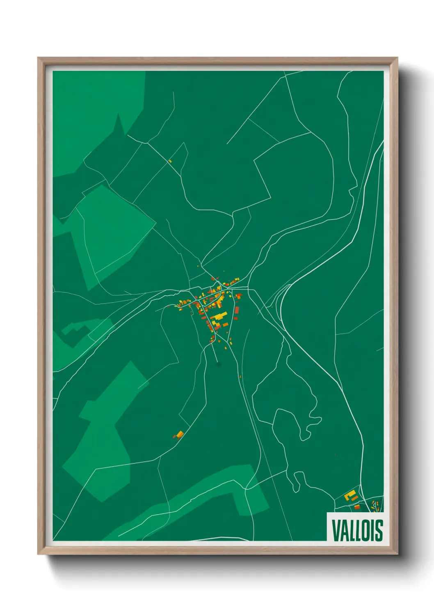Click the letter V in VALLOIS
(x=336, y=530)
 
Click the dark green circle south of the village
(x=218, y=364)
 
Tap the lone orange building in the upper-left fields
(x=170, y=161)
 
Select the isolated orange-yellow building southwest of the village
(x=179, y=434)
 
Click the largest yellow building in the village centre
(x=219, y=317)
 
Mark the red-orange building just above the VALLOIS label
(x=357, y=507)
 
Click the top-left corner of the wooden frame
(x=38, y=58)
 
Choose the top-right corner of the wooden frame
(x=397, y=58)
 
